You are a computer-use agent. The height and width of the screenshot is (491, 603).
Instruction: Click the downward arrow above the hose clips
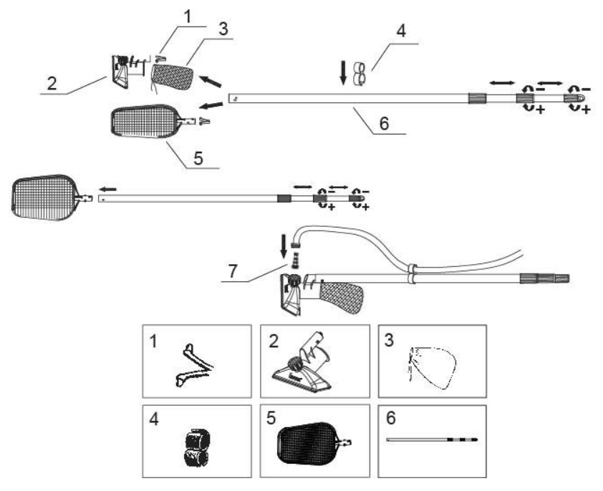coord(344,71)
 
